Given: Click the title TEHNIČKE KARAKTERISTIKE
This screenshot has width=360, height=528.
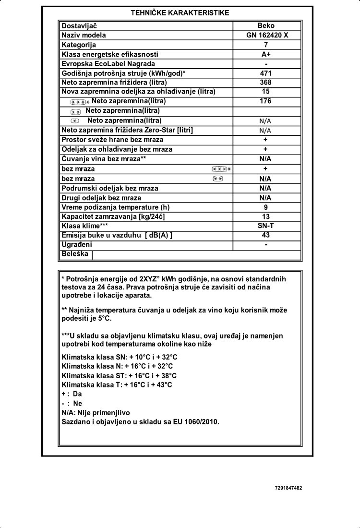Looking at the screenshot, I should coord(180,13).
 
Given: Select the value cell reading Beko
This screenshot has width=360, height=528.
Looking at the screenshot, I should coord(265,25).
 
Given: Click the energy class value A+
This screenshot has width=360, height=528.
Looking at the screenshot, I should coord(266,54).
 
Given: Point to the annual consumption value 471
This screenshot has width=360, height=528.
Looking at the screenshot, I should coord(266,73).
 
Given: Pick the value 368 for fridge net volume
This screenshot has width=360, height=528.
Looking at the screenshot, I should coord(266,82).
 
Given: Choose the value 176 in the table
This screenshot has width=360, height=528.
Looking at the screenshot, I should coord(266,101).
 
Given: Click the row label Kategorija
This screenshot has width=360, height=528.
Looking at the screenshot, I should coord(79,45).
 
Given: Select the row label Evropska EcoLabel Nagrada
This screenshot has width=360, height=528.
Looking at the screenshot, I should coord(108,63).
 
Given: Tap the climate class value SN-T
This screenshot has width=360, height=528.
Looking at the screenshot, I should coord(266,226).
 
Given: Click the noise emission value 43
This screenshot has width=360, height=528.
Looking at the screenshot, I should coord(266,235).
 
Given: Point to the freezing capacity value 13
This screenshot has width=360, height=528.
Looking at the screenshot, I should coord(266,216).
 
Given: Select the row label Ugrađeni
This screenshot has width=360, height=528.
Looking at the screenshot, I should coord(77,244).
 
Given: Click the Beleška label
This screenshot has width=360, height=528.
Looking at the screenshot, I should coord(75,254).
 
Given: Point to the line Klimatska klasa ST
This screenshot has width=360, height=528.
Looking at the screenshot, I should coord(120,376).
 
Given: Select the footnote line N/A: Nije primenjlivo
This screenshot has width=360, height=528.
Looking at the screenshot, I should coord(96,412).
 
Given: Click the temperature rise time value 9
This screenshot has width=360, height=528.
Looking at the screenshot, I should coord(266,207).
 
